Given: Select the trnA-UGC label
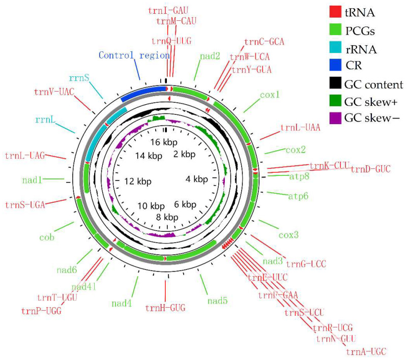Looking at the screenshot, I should point(366,351).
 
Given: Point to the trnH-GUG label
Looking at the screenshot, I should point(165,307).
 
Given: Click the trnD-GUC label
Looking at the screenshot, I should point(370,169).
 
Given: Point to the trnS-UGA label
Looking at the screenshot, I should point(25,205).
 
